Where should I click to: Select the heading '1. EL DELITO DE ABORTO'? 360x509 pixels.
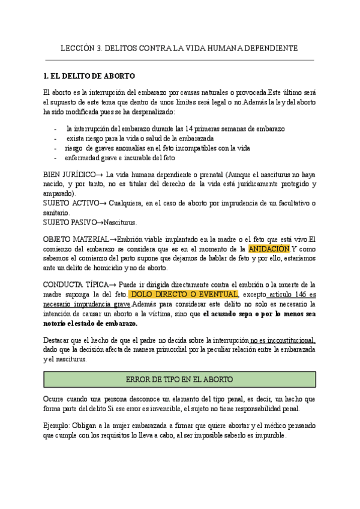pyautogui.click(x=89, y=76)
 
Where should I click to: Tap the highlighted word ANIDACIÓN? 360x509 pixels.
pyautogui.click(x=269, y=248)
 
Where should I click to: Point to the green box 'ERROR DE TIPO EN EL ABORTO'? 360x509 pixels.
pyautogui.click(x=179, y=379)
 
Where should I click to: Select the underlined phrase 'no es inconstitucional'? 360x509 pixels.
pyautogui.click(x=283, y=340)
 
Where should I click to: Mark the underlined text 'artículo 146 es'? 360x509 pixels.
pyautogui.click(x=292, y=294)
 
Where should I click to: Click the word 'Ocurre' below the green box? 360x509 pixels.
pyautogui.click(x=56, y=399)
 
